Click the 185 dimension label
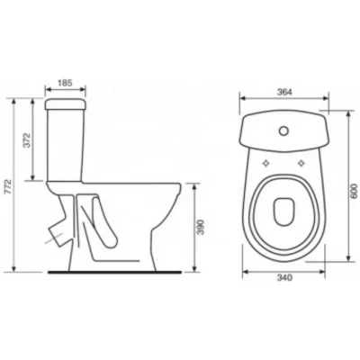65,83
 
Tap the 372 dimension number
27,139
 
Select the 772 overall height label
8,187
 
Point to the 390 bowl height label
201,227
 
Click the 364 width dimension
284,92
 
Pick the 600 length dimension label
355,191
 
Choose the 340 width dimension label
284,278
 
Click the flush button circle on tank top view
283,131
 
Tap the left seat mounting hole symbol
265,163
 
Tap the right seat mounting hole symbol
301,163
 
